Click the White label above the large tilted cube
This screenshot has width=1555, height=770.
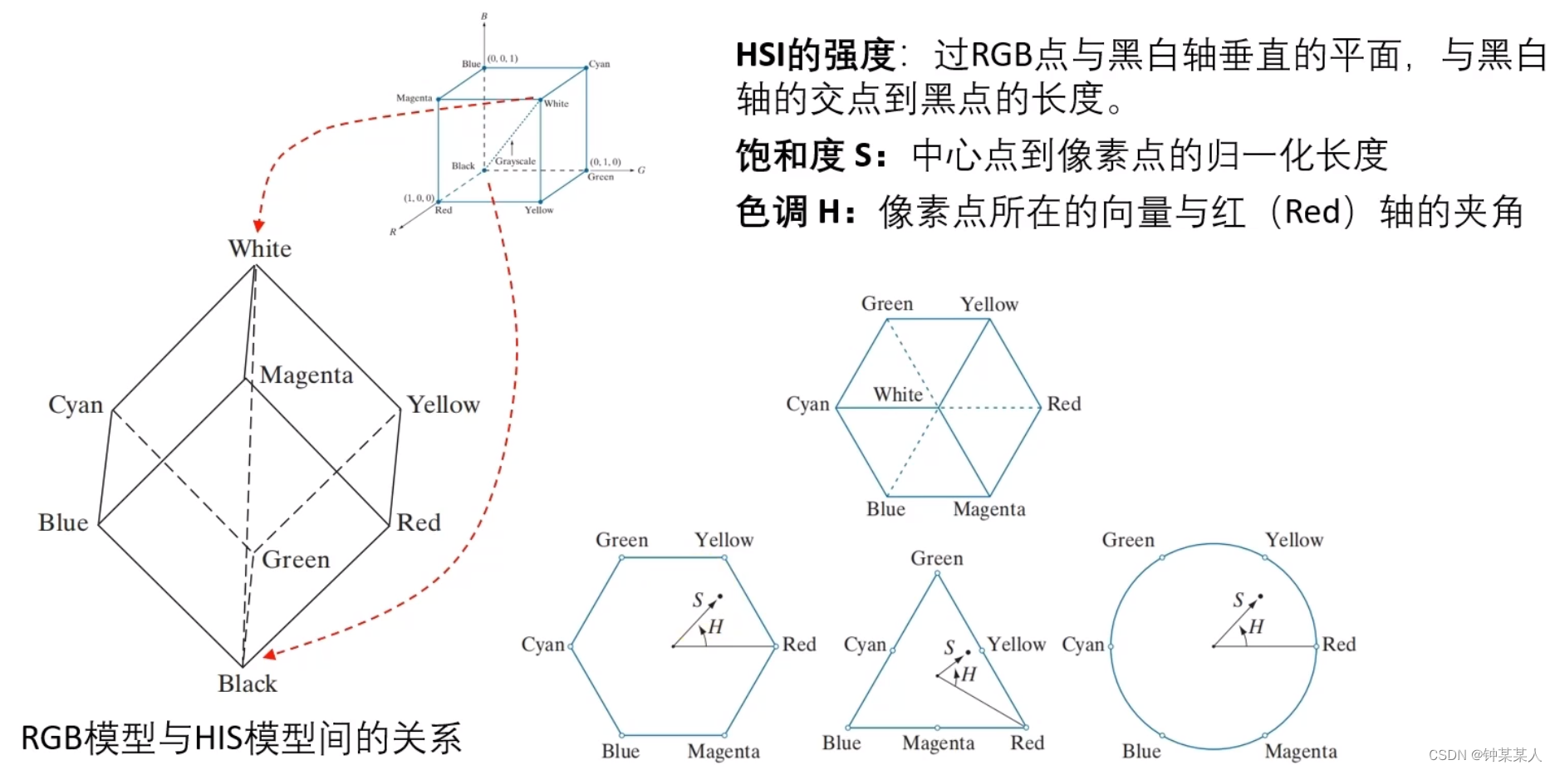tap(260, 248)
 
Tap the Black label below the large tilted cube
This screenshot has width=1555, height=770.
tap(248, 684)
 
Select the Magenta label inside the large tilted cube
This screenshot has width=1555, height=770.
tap(307, 375)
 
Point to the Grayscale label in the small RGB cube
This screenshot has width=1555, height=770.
tap(516, 161)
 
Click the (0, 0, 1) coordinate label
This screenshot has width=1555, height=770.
tap(503, 58)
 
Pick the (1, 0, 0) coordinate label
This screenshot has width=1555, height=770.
tap(419, 198)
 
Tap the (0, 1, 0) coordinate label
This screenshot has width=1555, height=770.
tap(606, 162)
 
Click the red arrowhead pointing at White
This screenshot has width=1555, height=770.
tap(259, 226)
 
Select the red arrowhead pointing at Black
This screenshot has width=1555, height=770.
tap(269, 654)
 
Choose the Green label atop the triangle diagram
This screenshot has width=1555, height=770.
tap(937, 558)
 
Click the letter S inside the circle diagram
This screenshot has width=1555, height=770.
tap(1239, 600)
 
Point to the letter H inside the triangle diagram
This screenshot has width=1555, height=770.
tap(969, 674)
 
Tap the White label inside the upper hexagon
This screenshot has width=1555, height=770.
tap(898, 395)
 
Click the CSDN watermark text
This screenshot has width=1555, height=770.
tap(1484, 755)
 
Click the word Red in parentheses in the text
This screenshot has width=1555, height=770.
tap(1312, 212)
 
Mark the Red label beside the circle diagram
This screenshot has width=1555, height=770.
tap(1339, 644)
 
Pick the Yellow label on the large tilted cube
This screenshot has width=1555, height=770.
tap(444, 405)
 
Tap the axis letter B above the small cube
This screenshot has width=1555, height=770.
tap(484, 16)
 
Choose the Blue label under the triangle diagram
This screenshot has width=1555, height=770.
tap(841, 743)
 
